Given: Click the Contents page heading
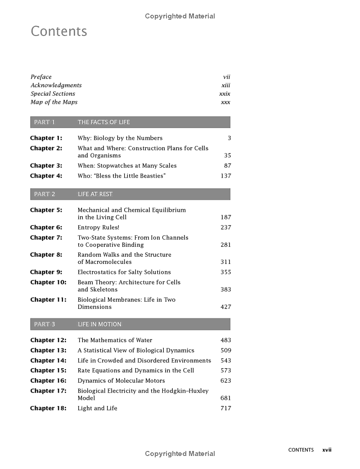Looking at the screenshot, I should pyautogui.click(x=59, y=31).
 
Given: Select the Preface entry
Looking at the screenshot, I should pyautogui.click(x=41, y=77).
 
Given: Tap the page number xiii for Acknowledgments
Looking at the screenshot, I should pyautogui.click(x=225, y=85).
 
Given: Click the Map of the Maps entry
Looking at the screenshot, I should pyautogui.click(x=54, y=102).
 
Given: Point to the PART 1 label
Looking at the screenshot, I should pyautogui.click(x=44, y=122).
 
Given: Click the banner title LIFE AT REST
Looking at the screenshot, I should pyautogui.click(x=95, y=194).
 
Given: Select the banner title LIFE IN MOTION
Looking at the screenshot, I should pyautogui.click(x=99, y=324).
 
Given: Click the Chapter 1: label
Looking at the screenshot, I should pyautogui.click(x=46, y=138).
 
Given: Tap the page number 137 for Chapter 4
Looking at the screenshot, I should pyautogui.click(x=225, y=176).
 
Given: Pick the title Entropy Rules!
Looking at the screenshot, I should pyautogui.click(x=99, y=228).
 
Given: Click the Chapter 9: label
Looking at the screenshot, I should pyautogui.click(x=46, y=272).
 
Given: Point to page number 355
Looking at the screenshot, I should pyautogui.click(x=225, y=272).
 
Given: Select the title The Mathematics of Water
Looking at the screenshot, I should pyautogui.click(x=115, y=340).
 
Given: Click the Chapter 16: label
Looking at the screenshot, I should pyautogui.click(x=48, y=381).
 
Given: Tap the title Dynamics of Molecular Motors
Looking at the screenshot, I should pyautogui.click(x=121, y=381).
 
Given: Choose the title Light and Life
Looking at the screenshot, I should pyautogui.click(x=97, y=408).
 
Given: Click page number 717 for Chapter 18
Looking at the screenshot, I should pyautogui.click(x=225, y=408).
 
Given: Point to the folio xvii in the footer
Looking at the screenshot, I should pyautogui.click(x=327, y=450).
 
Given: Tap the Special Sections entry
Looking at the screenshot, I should pyautogui.click(x=53, y=94).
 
